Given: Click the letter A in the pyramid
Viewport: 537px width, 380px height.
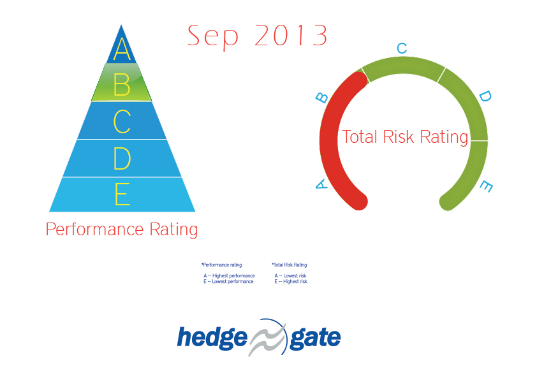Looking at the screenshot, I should click(x=121, y=50).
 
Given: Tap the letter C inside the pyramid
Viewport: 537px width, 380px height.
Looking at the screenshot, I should click(x=121, y=122).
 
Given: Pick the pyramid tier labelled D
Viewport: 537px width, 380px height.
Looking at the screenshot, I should click(x=121, y=158).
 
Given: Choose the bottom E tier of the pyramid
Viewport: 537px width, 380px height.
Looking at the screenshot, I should click(x=122, y=194).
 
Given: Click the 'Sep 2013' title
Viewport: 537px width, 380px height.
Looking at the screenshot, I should click(x=257, y=36).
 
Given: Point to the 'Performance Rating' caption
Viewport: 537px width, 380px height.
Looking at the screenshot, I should click(x=121, y=230).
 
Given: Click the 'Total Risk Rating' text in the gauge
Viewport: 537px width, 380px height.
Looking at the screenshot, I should click(x=405, y=137).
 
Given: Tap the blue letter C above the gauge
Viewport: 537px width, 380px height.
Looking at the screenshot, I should click(x=402, y=48).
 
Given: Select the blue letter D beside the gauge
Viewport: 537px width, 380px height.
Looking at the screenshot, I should click(x=485, y=96).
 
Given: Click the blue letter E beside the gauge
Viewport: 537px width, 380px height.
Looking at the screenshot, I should click(x=486, y=187).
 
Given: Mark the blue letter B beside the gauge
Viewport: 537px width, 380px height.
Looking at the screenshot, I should click(x=322, y=97).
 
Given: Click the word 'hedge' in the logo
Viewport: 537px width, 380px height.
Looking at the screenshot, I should click(x=212, y=337).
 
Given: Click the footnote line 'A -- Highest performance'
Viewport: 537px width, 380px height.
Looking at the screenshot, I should click(x=229, y=276).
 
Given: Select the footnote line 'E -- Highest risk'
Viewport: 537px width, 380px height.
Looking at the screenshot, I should click(x=291, y=281).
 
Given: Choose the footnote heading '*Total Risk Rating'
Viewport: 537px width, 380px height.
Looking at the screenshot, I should click(x=289, y=265).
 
